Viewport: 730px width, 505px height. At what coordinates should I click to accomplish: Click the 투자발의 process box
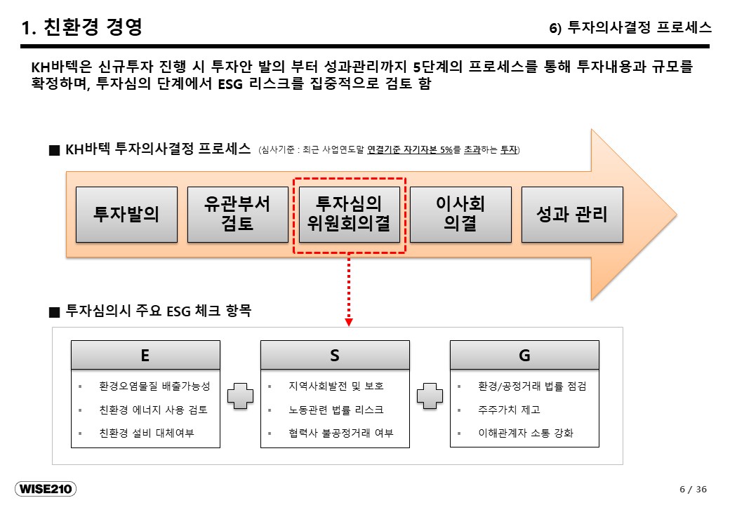(x=126, y=215)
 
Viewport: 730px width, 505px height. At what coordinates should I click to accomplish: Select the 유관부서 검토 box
(x=238, y=215)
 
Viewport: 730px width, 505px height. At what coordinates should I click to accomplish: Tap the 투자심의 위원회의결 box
(x=349, y=215)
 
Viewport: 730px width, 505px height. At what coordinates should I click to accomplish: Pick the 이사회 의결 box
(x=460, y=215)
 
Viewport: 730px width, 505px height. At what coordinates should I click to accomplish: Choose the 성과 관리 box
(x=572, y=215)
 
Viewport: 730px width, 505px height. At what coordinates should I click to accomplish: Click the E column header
(x=145, y=356)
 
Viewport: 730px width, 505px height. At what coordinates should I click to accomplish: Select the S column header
(x=335, y=356)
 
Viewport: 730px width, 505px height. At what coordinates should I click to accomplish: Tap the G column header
(x=524, y=356)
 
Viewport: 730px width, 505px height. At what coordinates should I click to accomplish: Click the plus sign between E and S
(x=240, y=396)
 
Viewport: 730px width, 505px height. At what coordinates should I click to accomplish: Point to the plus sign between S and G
(x=430, y=396)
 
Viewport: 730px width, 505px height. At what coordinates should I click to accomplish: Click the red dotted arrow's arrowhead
(x=349, y=322)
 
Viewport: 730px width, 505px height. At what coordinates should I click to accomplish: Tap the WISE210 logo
(x=46, y=489)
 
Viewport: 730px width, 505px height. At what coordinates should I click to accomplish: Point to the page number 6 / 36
(x=693, y=489)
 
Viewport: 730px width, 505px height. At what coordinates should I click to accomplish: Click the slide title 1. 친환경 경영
(x=82, y=27)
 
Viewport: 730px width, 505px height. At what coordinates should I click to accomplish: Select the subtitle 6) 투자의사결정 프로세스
(x=630, y=27)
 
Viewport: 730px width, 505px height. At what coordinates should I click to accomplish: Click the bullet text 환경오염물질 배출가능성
(x=154, y=386)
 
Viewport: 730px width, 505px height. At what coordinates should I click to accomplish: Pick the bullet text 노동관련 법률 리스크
(x=336, y=410)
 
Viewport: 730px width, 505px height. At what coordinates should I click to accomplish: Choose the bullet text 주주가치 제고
(x=509, y=410)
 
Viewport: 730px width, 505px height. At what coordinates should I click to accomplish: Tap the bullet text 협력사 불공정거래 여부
(x=341, y=433)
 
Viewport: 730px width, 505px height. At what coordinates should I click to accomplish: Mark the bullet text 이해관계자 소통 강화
(x=526, y=433)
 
